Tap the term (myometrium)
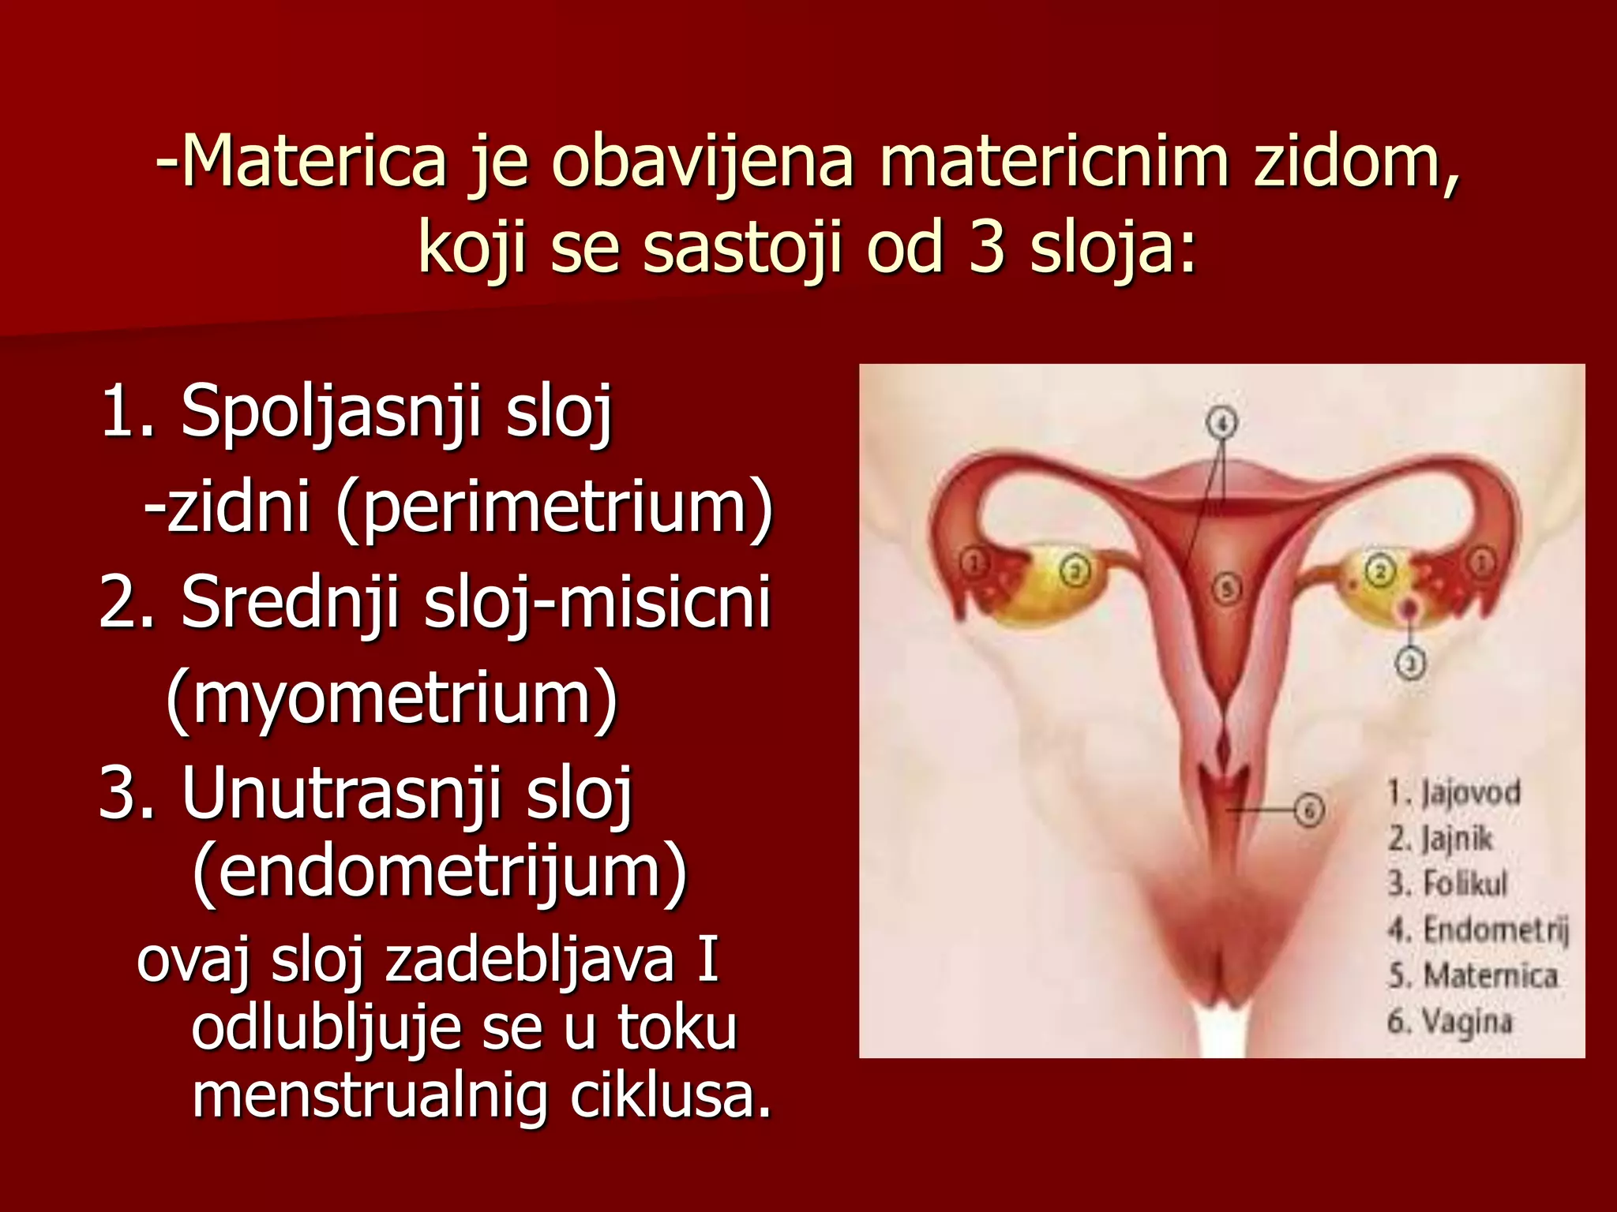click(392, 698)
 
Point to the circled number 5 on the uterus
click(1226, 588)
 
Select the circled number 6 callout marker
click(1308, 810)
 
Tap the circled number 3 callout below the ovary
click(1411, 663)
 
